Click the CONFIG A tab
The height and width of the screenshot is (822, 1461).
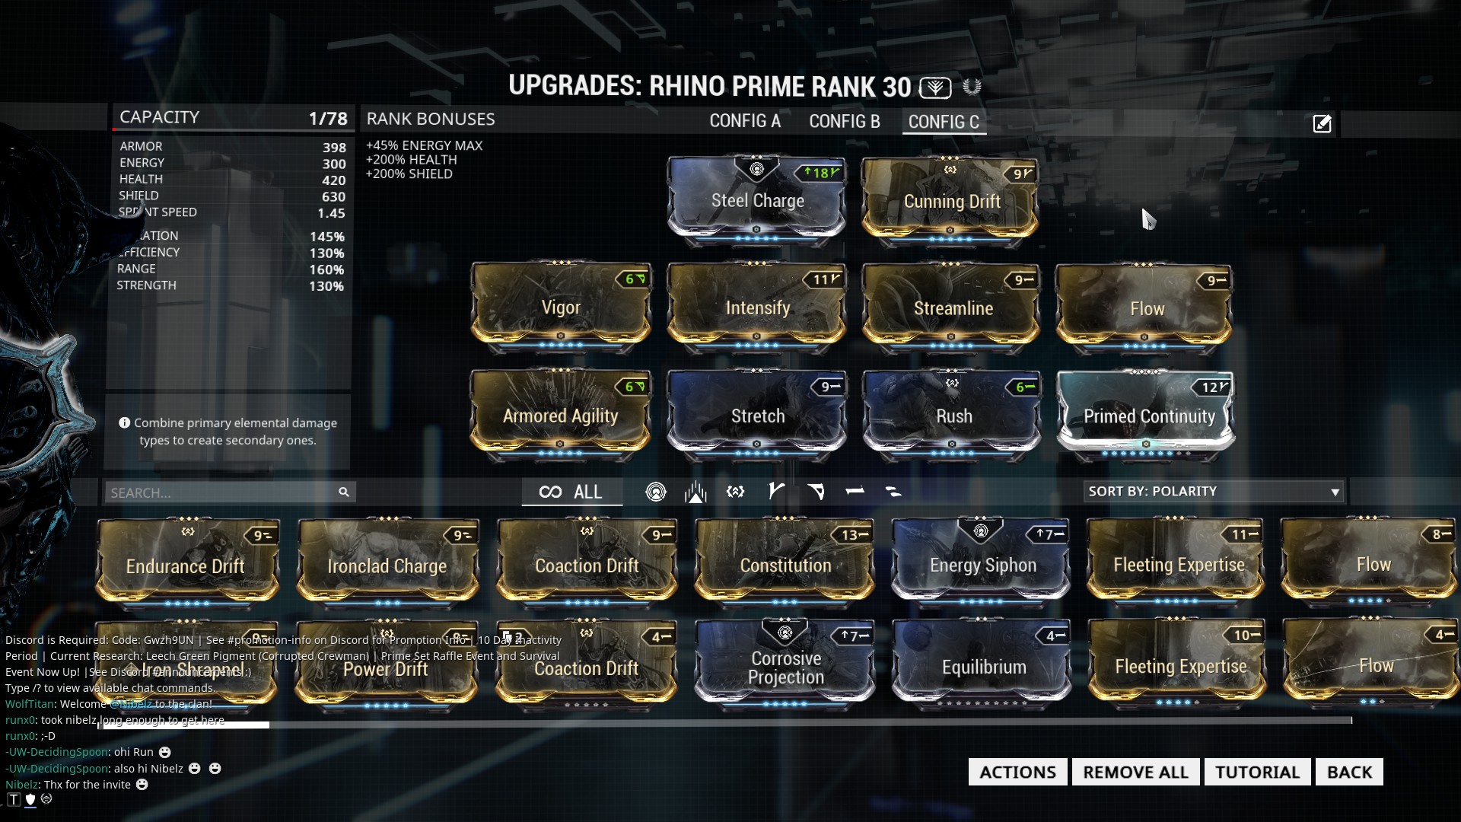(x=745, y=122)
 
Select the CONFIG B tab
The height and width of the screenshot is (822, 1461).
(x=844, y=122)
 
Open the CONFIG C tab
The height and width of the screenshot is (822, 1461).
(x=944, y=122)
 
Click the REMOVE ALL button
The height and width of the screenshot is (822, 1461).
(x=1135, y=772)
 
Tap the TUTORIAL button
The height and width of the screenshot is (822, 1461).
(x=1257, y=772)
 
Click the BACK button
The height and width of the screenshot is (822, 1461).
(x=1349, y=772)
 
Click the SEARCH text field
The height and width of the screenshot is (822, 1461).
(x=221, y=492)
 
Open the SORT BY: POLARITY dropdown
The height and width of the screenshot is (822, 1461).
(x=1214, y=492)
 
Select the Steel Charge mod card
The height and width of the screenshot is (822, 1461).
(x=757, y=201)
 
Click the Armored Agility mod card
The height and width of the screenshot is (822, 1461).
(x=561, y=416)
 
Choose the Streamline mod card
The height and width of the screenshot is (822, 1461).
(x=953, y=308)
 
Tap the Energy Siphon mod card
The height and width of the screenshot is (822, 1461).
(x=982, y=565)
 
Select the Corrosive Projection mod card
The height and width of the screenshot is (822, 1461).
(x=786, y=667)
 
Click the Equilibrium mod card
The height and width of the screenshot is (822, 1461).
(x=983, y=667)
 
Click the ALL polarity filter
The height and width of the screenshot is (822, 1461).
(x=571, y=492)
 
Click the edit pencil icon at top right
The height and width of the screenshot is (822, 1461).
(x=1322, y=123)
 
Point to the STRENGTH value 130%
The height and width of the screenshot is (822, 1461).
(x=326, y=286)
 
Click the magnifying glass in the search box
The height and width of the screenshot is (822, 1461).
(x=344, y=492)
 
